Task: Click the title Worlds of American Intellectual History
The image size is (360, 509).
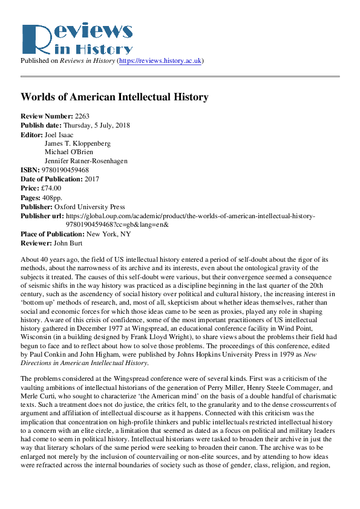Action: (114, 97)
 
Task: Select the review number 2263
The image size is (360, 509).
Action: (82, 115)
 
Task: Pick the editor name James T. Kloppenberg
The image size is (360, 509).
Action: (78, 143)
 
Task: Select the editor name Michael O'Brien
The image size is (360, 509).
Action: (67, 152)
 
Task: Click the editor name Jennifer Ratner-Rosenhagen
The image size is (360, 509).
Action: (86, 161)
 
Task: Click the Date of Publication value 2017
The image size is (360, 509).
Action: (93, 179)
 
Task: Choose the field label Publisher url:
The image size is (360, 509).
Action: (42, 215)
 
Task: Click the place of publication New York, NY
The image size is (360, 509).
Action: (109, 234)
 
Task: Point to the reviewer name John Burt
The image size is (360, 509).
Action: (67, 242)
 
